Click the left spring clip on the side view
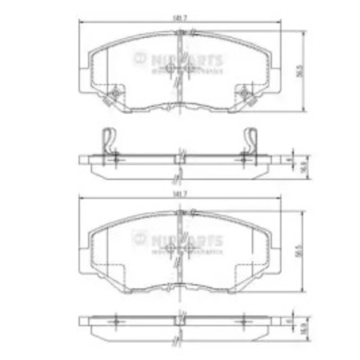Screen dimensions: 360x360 (x=109, y=142)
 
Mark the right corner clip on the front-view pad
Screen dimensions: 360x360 (x=244, y=95)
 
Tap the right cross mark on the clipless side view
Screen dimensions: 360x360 (x=244, y=320)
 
